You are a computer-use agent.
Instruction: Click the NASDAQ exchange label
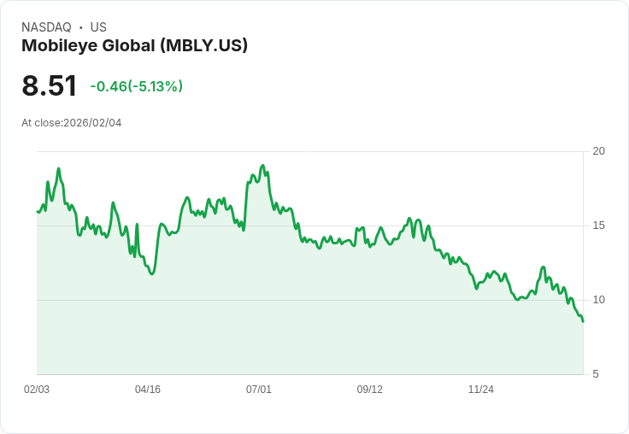tap(46, 27)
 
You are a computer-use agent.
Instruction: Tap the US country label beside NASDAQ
tap(98, 27)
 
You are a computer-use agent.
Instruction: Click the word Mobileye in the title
tap(58, 45)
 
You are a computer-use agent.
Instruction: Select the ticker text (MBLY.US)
tap(203, 45)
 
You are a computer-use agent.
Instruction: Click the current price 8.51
tap(50, 85)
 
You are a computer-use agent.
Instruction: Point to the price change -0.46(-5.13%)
tap(137, 86)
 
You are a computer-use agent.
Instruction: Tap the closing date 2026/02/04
tap(92, 123)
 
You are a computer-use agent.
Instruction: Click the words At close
tap(41, 123)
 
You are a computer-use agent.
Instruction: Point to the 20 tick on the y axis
tap(598, 151)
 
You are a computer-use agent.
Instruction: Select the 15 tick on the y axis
tap(598, 226)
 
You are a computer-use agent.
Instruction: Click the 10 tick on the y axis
tap(598, 300)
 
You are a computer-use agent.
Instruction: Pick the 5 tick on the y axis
tap(596, 374)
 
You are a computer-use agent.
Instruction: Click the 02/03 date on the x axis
tap(37, 390)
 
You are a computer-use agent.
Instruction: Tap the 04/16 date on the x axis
tap(148, 390)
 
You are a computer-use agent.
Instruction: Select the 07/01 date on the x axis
tap(259, 390)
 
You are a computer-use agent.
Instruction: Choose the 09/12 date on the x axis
tap(370, 390)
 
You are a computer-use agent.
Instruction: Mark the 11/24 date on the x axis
tap(481, 390)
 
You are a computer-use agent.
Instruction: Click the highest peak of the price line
tap(262, 166)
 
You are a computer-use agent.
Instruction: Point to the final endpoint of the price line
tap(583, 321)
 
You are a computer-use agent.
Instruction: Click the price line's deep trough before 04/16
tap(151, 274)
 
